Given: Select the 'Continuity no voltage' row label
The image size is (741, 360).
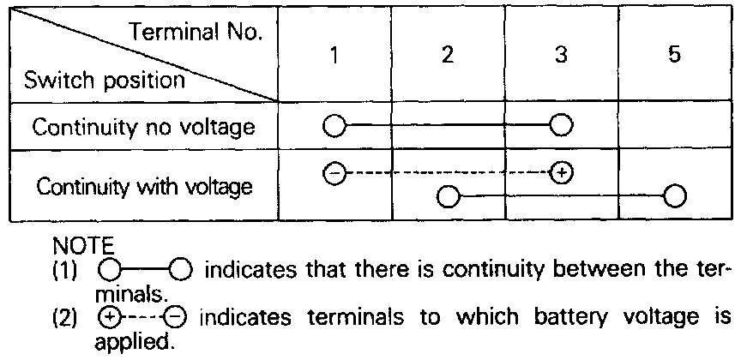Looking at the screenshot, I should tap(143, 128).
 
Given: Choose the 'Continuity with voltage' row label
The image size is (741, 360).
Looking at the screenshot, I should tap(143, 186).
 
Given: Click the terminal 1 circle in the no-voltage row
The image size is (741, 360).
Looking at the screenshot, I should tap(334, 128).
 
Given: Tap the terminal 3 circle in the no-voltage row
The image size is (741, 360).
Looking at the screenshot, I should tap(561, 128).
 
